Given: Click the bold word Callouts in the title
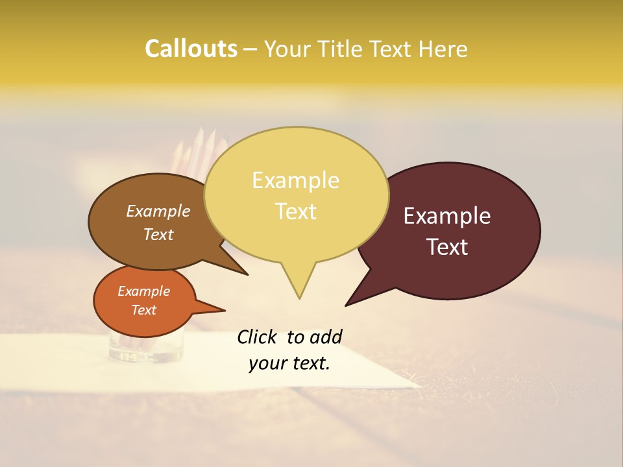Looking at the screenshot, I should click(x=191, y=49).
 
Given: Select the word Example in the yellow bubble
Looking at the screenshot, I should click(x=295, y=180).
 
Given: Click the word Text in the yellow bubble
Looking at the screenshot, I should click(x=296, y=211).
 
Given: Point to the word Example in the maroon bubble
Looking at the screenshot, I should click(x=447, y=216).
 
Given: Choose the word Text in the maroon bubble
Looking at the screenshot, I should click(x=448, y=246).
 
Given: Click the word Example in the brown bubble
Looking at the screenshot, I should click(x=158, y=211).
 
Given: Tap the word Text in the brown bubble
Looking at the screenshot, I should click(x=158, y=234).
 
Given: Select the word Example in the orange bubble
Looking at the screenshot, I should click(x=143, y=291).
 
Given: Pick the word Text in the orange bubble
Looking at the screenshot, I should click(x=143, y=310).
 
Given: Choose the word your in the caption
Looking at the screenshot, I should click(x=268, y=363).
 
